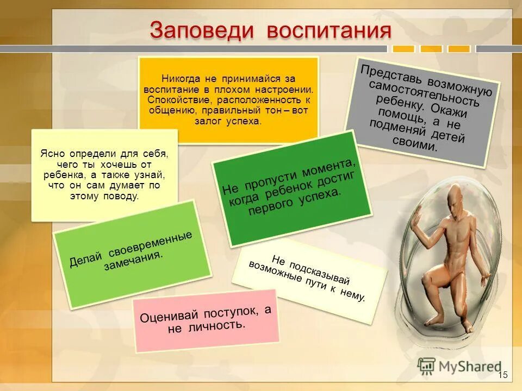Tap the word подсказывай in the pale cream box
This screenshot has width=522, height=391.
[x=320, y=270]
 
